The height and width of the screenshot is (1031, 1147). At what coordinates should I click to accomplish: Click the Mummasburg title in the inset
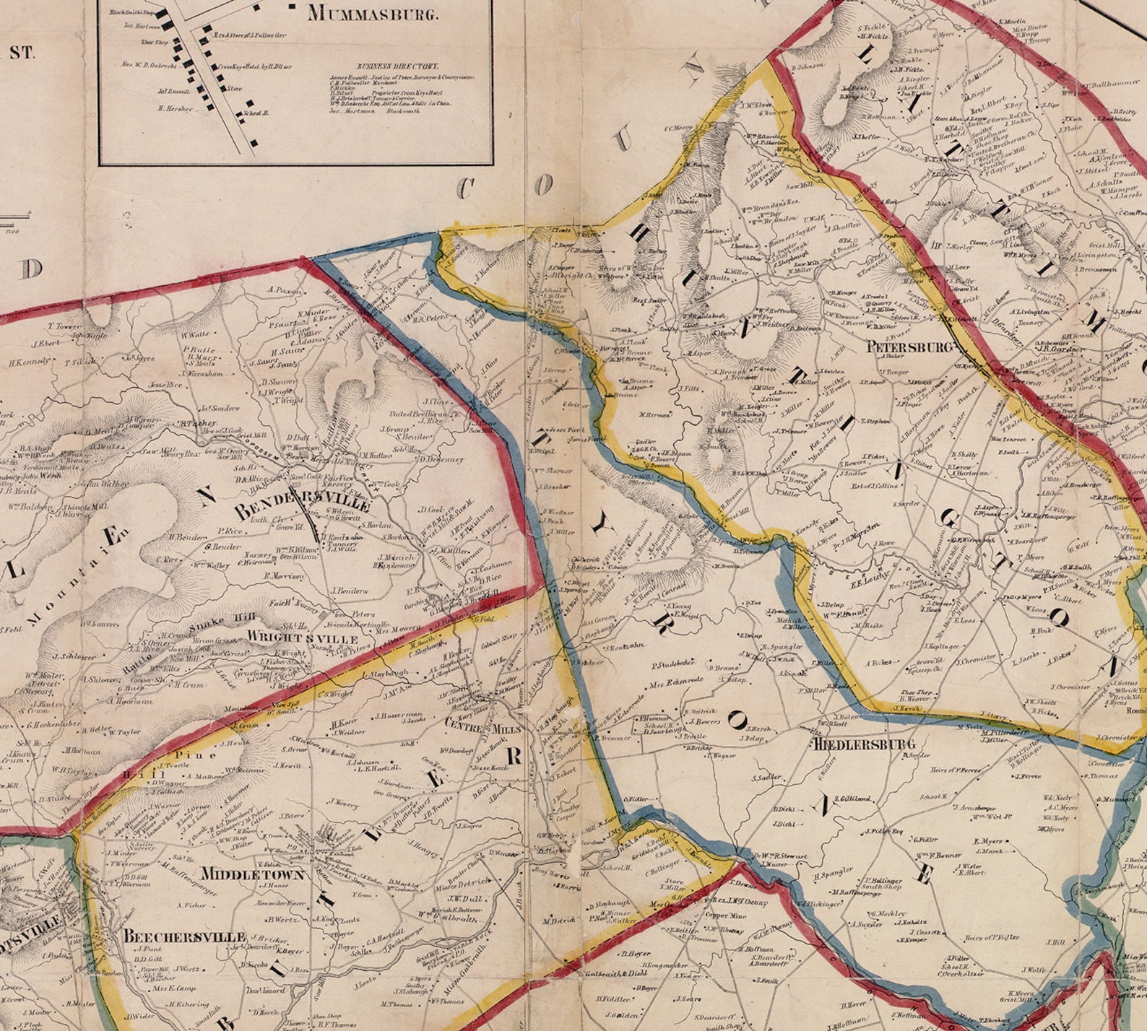tap(372, 13)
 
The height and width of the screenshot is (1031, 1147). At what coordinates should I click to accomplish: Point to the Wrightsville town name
tap(302, 639)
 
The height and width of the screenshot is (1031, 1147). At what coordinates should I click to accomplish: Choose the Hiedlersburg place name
tap(864, 744)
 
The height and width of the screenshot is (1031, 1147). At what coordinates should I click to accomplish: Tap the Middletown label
tap(252, 874)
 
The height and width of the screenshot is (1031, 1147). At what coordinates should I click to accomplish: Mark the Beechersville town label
tap(184, 936)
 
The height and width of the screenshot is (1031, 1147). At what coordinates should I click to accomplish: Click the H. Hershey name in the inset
tap(176, 108)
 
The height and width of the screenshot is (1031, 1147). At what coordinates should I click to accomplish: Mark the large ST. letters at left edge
tap(21, 53)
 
